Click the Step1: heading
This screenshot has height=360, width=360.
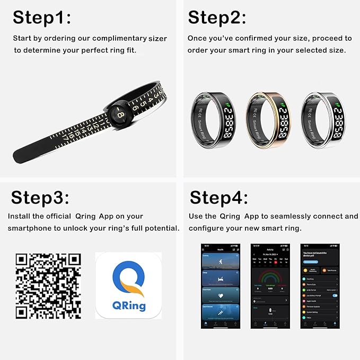[x=42, y=17]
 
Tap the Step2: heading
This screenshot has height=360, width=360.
[x=217, y=17]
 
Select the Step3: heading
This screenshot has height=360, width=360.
[x=40, y=198]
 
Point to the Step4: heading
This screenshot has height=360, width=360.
[x=218, y=198]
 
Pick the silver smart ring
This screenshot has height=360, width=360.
[x=324, y=117]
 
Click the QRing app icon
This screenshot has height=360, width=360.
[x=128, y=285]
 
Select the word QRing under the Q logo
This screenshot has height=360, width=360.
[x=128, y=306]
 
